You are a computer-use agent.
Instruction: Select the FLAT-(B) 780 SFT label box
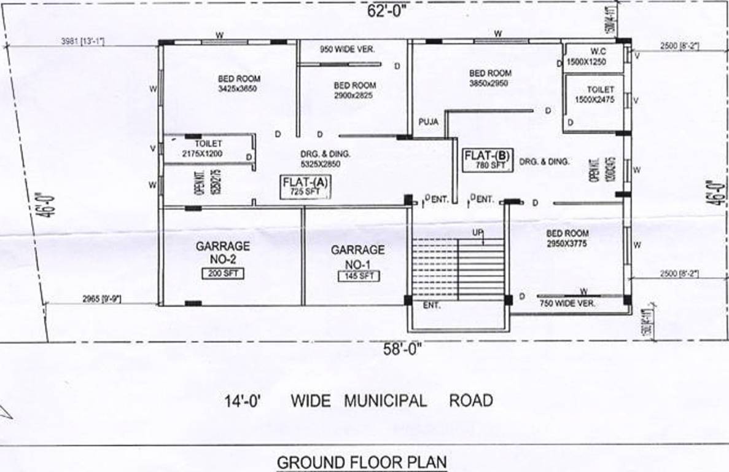point(488,160)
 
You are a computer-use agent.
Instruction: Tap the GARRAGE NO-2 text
point(223,253)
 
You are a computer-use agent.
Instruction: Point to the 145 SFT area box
point(359,276)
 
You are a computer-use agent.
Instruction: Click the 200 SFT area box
point(223,274)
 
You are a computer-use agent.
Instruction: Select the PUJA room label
point(429,122)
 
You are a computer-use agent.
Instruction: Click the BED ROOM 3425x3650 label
point(239,83)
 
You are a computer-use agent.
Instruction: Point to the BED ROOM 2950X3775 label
point(567,238)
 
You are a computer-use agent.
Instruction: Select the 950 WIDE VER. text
point(348,49)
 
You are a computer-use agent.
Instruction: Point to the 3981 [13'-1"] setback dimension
point(83,41)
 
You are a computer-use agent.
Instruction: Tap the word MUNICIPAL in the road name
point(385,401)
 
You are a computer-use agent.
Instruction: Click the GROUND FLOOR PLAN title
point(362,462)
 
